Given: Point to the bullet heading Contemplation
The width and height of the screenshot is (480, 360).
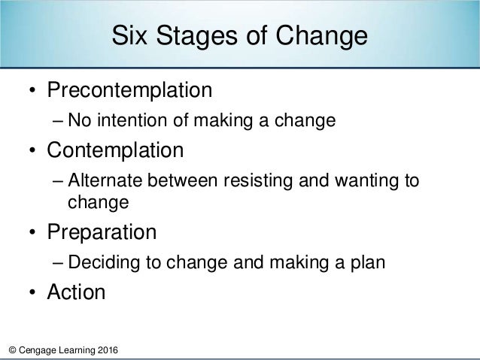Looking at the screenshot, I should pos(115,151).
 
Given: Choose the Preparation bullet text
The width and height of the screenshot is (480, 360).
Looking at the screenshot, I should pos(102,231).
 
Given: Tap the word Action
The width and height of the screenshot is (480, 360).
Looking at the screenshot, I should pos(77,292).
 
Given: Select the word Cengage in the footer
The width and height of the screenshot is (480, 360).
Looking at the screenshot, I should pos(38,351).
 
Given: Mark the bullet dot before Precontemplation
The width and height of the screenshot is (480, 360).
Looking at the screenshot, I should pos(32,92).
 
